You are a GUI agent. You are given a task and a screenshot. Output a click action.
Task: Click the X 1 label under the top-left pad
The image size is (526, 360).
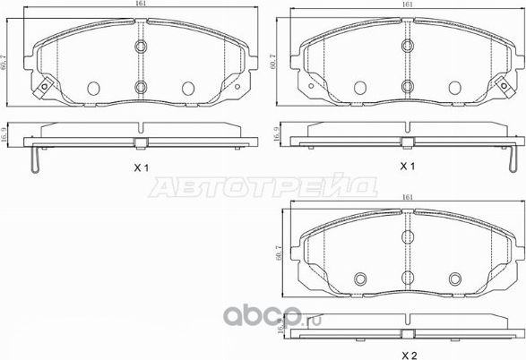(x=141, y=167)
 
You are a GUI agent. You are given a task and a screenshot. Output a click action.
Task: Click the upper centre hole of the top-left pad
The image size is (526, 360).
(x=141, y=47)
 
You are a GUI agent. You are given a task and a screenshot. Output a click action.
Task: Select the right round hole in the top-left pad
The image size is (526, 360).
(x=188, y=88)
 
